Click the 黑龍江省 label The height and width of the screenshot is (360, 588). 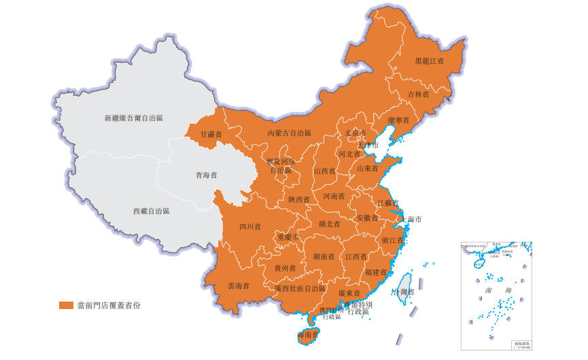tap(429, 61)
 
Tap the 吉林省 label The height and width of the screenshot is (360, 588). tap(417, 94)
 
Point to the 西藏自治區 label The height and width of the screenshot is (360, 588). tap(151, 211)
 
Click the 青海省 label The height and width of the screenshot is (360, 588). tap(206, 175)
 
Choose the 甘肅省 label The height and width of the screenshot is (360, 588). tap(211, 134)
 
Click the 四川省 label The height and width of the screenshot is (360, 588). tap(249, 227)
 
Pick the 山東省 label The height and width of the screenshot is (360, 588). tap(368, 168)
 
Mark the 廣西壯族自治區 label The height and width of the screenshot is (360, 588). tap(300, 288)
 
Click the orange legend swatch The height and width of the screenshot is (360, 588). tap(65, 305)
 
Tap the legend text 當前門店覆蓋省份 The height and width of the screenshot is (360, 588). tap(109, 305)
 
